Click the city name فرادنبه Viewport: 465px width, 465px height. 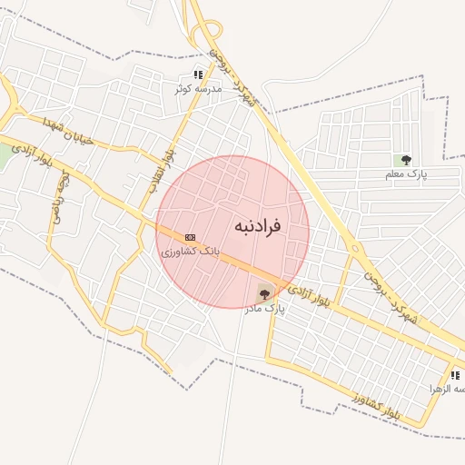click(x=257, y=224)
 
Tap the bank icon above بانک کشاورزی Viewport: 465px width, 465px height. click(x=190, y=236)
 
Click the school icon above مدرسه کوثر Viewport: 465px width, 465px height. click(x=198, y=74)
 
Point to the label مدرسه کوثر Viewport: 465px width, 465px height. click(x=197, y=89)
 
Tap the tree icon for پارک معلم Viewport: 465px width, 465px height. click(x=406, y=160)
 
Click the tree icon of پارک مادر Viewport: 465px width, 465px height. click(x=264, y=292)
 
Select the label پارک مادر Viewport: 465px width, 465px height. click(x=263, y=309)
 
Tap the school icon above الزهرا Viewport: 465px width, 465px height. click(x=455, y=375)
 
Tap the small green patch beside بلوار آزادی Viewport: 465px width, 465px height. click(x=5, y=154)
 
